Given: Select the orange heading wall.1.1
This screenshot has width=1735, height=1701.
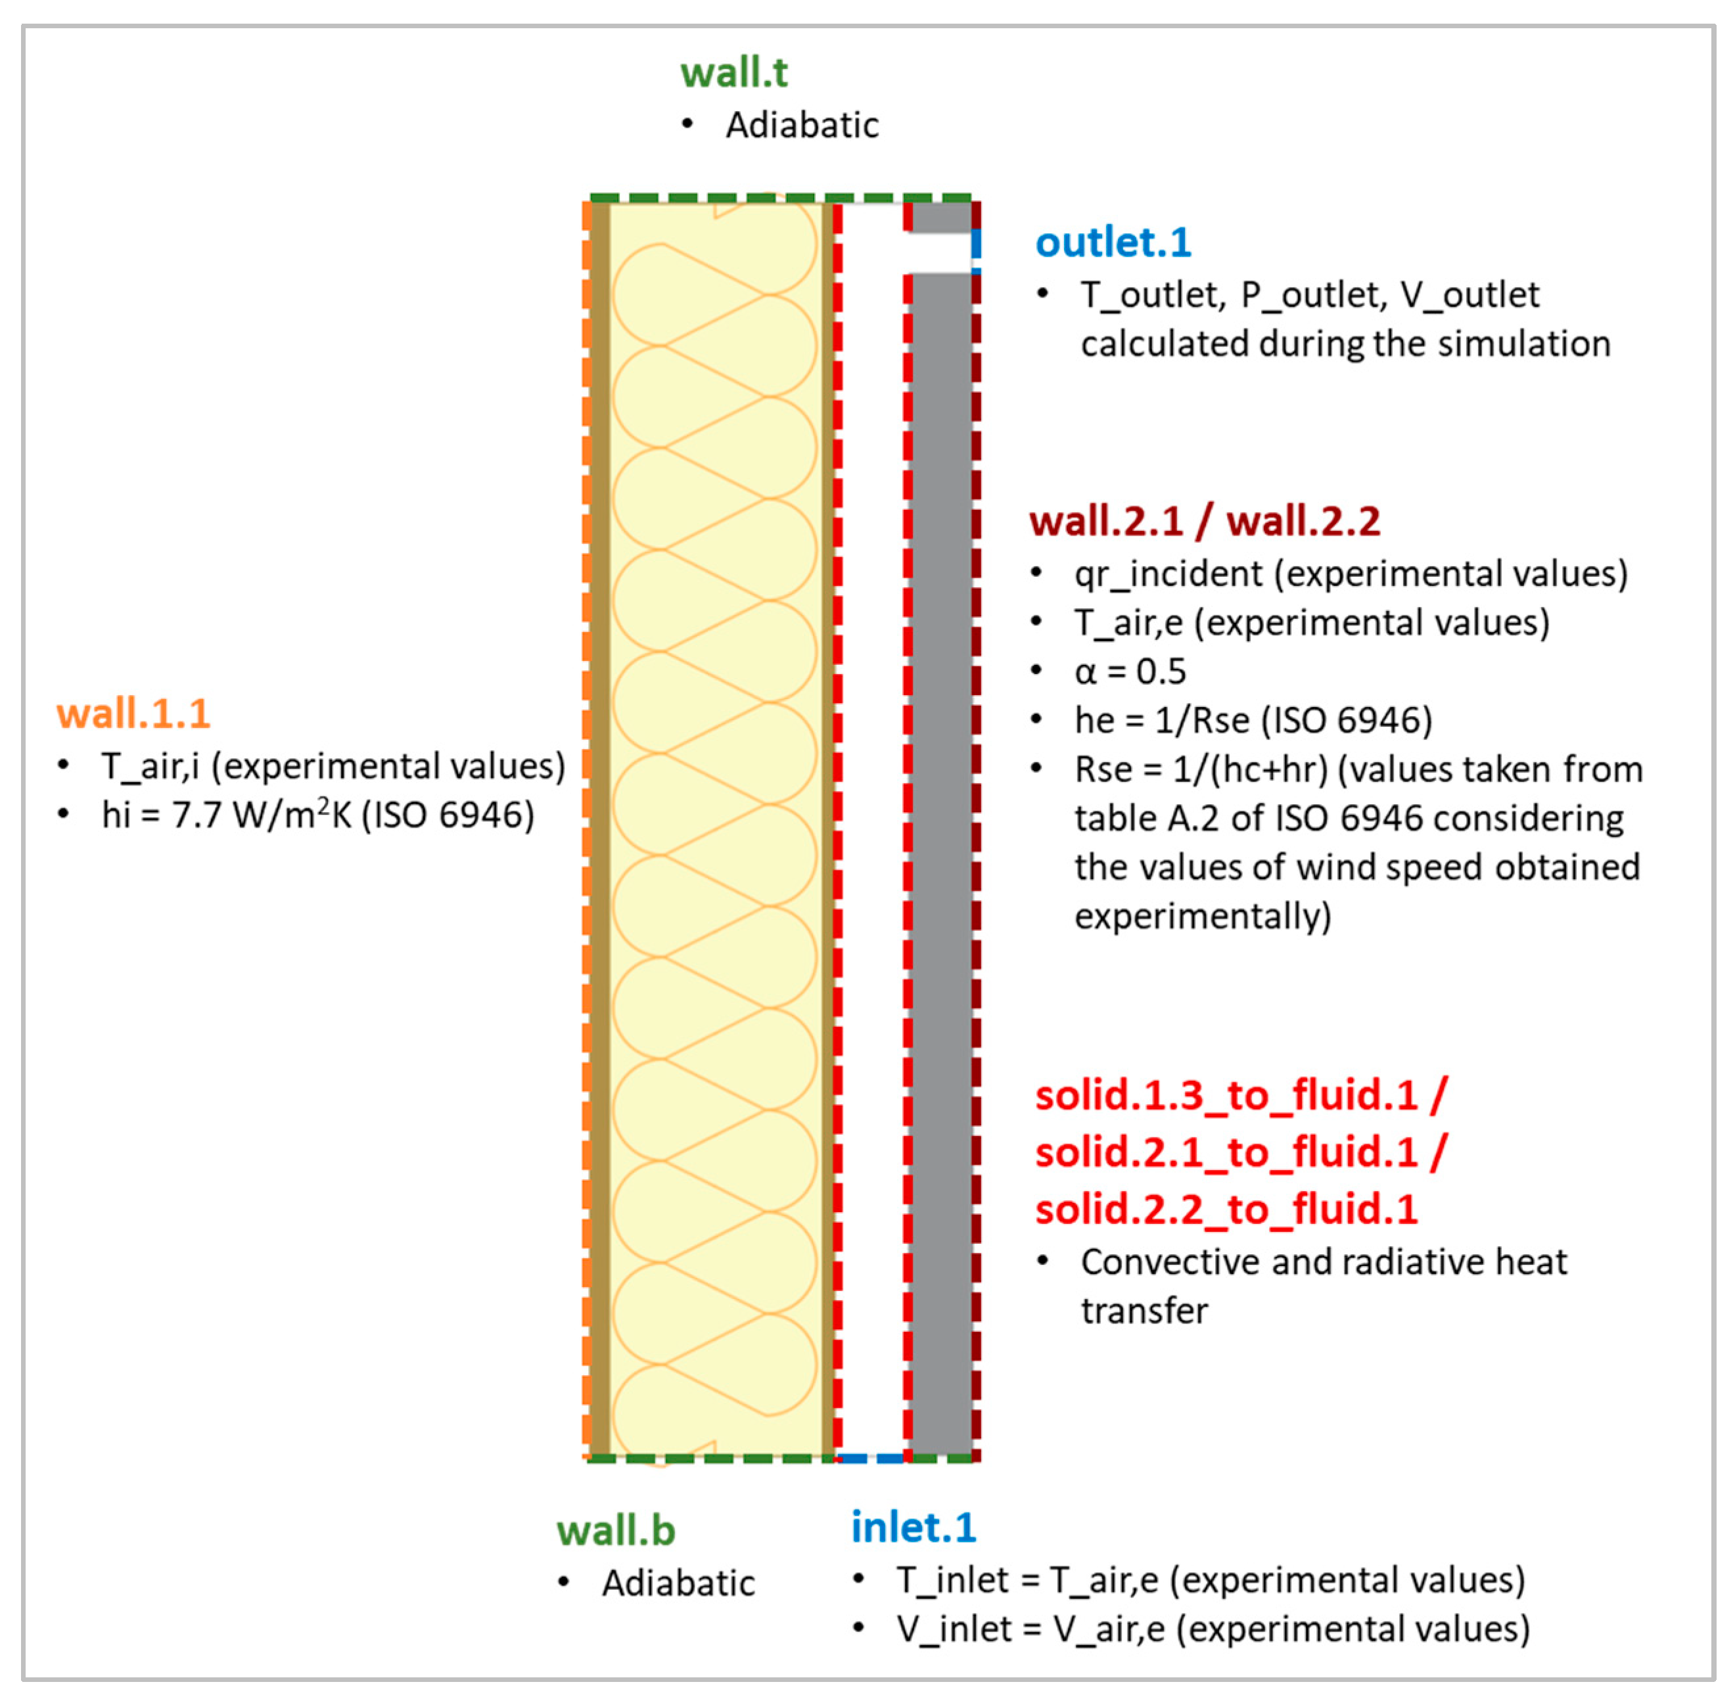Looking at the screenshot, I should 133,714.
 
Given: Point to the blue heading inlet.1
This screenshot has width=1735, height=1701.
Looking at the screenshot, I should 913,1528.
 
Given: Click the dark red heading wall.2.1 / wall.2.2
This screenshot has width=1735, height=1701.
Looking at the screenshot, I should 1205,521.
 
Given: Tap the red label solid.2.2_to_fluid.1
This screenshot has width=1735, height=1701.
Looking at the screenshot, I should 1226,1209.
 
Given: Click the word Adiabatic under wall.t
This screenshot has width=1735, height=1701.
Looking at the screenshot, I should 801,125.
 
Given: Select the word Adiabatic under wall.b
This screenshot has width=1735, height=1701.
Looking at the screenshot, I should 678,1583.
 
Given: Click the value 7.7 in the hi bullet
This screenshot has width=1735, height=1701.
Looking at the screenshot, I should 196,815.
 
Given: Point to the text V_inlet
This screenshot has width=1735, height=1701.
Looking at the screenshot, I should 952,1629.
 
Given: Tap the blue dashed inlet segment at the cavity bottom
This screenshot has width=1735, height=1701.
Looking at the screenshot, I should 871,1458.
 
